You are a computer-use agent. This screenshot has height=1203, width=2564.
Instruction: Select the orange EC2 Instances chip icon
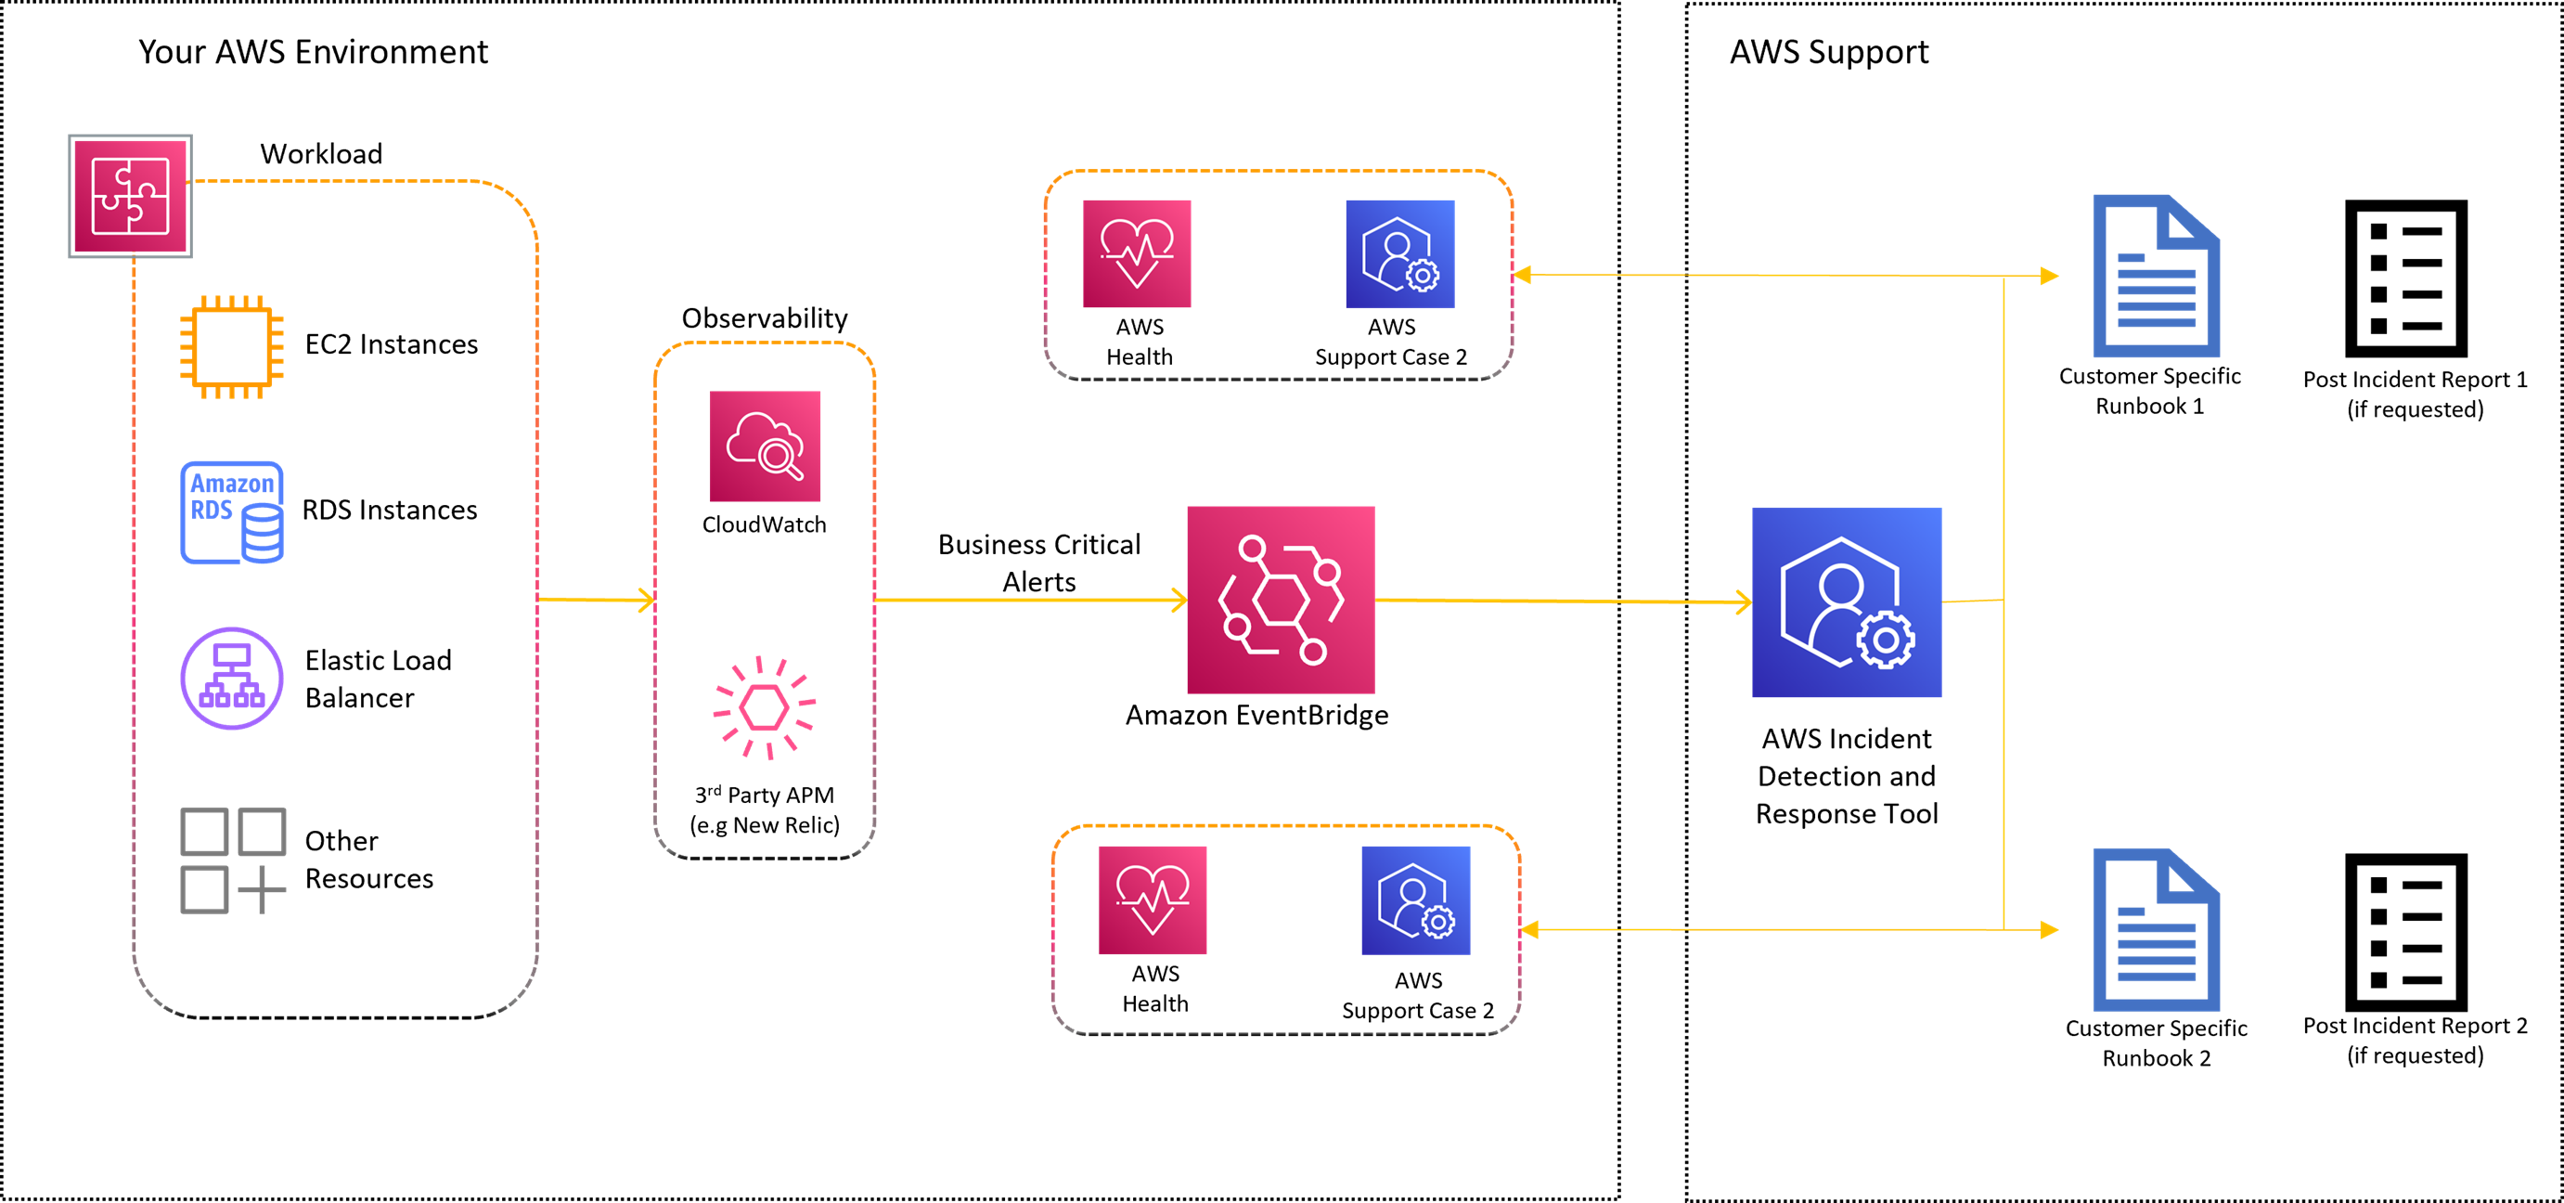point(231,345)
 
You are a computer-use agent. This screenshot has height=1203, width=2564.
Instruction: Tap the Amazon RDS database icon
point(232,511)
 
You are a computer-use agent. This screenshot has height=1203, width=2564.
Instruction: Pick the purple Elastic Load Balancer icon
point(231,679)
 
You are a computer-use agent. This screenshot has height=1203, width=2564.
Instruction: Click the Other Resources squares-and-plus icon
point(232,860)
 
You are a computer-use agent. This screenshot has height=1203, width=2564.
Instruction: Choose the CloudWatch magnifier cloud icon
point(765,446)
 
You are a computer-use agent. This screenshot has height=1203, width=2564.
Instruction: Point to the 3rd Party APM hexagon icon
point(765,708)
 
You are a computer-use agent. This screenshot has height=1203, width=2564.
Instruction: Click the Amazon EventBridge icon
point(1280,600)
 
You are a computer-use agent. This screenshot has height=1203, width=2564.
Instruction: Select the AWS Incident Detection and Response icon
point(1847,601)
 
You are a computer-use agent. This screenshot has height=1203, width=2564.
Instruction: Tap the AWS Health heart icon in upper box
point(1137,254)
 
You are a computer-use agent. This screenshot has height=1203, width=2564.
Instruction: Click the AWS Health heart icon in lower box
point(1153,899)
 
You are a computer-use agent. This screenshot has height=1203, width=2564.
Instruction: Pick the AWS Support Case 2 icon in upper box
point(1399,254)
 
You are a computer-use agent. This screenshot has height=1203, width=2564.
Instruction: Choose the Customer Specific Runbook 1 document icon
point(2156,277)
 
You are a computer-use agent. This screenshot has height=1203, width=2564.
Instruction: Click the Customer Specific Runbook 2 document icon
point(2156,930)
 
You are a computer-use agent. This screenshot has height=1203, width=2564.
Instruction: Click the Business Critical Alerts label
point(1039,563)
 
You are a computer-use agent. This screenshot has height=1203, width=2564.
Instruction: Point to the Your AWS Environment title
point(313,52)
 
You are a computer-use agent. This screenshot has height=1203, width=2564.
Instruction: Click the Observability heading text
point(765,318)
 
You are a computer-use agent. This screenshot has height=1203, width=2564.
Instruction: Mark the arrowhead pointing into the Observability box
point(647,600)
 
